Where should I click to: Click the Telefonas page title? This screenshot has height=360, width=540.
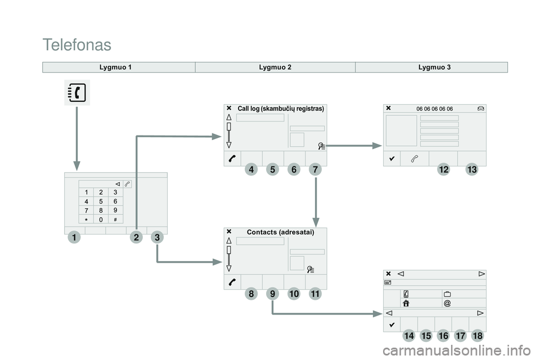pos(76,44)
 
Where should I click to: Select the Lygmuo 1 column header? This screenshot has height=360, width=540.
pos(115,67)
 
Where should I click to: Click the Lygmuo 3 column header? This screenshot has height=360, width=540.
pos(434,67)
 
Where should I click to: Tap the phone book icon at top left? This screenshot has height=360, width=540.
pos(76,93)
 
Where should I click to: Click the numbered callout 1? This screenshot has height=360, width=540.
pos(73,238)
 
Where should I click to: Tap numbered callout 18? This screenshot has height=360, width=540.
pos(478,336)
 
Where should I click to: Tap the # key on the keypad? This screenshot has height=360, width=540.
pos(115,219)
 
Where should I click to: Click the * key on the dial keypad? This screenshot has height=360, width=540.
pos(86,219)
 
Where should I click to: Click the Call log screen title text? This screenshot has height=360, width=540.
pos(281,108)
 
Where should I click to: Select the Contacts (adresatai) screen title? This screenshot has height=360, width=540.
pos(280,232)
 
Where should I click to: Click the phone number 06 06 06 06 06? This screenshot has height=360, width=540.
pos(434,109)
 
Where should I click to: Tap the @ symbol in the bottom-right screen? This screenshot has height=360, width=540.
pos(447,303)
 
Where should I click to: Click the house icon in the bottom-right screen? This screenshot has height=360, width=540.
pos(406,303)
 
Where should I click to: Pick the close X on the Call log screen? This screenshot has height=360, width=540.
pos(229,107)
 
